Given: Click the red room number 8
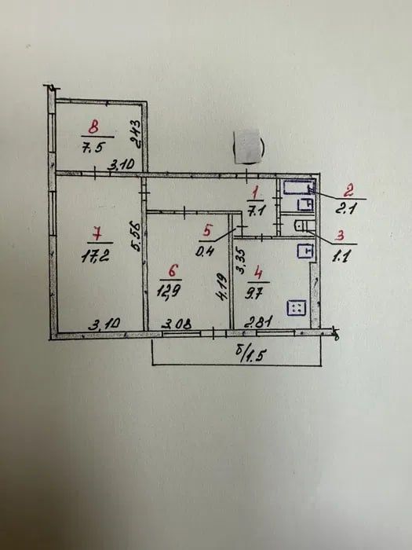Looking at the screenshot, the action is tap(93, 126).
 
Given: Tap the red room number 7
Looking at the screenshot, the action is tap(97, 233).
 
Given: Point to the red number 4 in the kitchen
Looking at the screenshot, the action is tap(258, 273).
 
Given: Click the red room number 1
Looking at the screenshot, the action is tap(255, 193).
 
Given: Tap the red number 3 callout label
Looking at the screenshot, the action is tap(339, 236).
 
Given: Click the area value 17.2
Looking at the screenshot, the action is tap(95, 256).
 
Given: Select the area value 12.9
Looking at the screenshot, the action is tap(169, 291).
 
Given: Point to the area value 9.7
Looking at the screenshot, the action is tap(253, 294).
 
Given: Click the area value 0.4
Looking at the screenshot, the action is tap(205, 251).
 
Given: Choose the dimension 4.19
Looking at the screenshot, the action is tap(222, 287).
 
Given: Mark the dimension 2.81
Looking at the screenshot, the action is tap(258, 321).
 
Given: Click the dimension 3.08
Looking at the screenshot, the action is tap(177, 324).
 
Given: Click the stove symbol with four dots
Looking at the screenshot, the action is tap(297, 308).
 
